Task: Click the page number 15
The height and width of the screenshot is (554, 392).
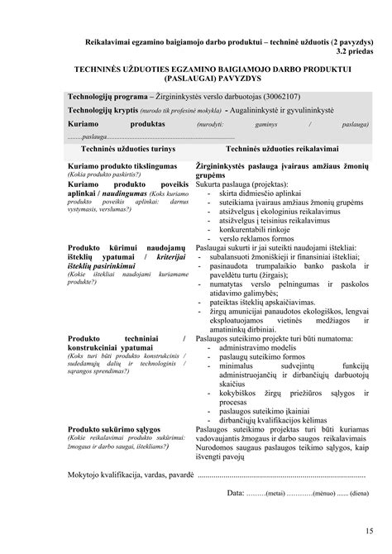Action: tap(367, 530)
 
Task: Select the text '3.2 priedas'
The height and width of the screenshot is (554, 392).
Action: tap(350, 51)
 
